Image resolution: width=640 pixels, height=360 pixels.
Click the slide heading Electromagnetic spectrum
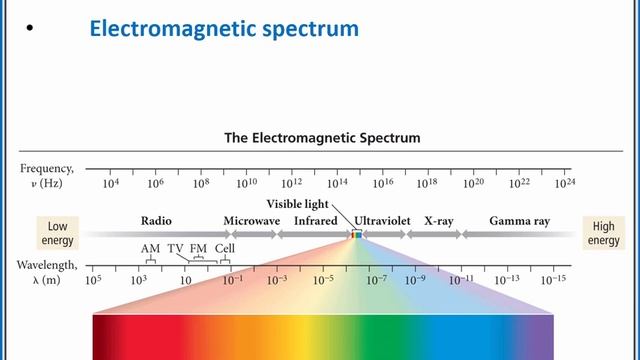click(223, 29)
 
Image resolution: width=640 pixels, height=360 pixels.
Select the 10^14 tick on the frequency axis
click(337, 183)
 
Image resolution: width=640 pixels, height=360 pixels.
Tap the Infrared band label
click(315, 220)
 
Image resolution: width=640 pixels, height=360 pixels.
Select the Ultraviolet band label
click(386, 220)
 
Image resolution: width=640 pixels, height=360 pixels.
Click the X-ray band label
click(438, 220)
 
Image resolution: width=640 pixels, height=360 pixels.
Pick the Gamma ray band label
click(518, 220)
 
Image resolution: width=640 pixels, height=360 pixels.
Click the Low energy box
click(57, 233)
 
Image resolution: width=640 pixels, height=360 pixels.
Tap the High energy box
click(604, 233)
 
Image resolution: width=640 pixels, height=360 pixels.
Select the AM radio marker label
click(150, 248)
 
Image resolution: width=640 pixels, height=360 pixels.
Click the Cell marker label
click(225, 248)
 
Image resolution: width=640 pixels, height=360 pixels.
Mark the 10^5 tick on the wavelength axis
click(94, 280)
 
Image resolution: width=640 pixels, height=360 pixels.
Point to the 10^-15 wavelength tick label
click(553, 280)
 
